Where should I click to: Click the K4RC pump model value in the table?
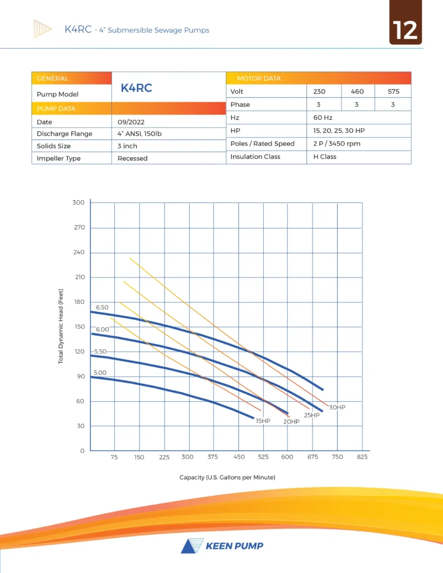click(136, 88)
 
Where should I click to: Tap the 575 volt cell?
click(393, 92)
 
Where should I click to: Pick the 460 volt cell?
click(357, 92)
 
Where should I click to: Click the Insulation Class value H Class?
click(325, 157)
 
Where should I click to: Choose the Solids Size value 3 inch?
click(127, 146)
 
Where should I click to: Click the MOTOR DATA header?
click(259, 78)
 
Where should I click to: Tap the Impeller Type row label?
click(59, 158)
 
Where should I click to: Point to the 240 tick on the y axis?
click(79, 252)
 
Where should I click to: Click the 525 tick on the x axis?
click(263, 457)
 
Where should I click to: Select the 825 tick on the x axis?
click(362, 457)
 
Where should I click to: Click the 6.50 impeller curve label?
click(102, 308)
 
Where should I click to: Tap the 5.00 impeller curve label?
click(100, 373)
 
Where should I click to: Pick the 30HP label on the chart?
click(337, 407)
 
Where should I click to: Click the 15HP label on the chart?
click(263, 420)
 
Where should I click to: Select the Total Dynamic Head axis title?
click(61, 326)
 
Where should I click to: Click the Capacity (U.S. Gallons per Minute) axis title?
click(227, 477)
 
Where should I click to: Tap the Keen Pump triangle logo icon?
click(190, 546)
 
